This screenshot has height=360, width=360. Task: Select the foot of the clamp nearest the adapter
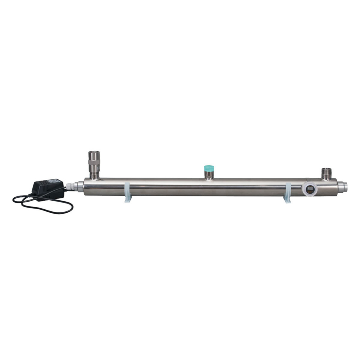point(128,200)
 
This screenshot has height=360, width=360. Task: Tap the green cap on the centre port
point(208,167)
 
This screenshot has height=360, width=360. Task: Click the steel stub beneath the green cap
point(208,175)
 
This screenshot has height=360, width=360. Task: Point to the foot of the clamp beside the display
point(287,200)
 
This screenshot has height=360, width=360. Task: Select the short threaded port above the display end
point(327,173)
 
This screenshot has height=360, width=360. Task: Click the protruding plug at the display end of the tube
point(343,186)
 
